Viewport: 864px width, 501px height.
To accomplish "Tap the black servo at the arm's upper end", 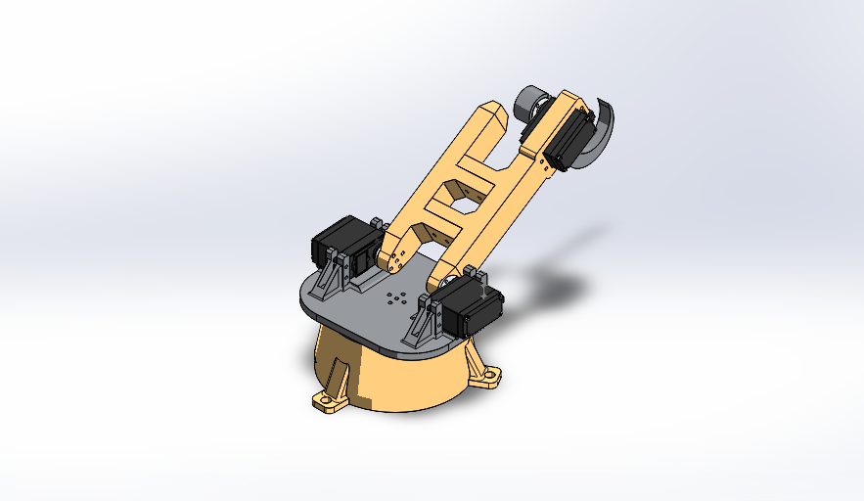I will tap(571, 137).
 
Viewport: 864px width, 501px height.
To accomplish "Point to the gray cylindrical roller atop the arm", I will tap(532, 102).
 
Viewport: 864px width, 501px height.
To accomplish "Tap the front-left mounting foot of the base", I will tap(329, 401).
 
